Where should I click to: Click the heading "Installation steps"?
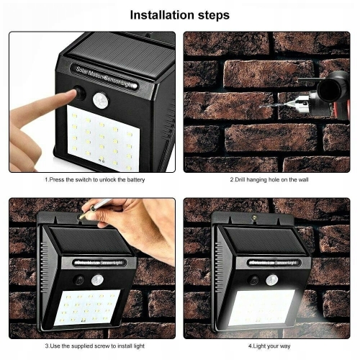pos(179,15)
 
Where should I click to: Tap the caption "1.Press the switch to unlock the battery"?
pos(95,180)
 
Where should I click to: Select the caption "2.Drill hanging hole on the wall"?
pos(269,180)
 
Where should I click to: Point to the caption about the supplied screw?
pos(95,346)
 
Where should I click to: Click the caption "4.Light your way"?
pos(269,346)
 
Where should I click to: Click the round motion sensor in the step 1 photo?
pos(101,100)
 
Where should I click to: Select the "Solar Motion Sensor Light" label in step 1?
pos(104,77)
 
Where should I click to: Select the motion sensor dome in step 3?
pos(97,280)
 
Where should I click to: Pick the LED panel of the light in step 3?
pos(86,307)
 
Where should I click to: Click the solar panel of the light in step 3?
pos(91,240)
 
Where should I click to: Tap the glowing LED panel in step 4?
pos(261,307)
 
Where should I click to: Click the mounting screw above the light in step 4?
pos(253,217)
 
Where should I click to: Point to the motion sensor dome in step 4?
pos(272,280)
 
